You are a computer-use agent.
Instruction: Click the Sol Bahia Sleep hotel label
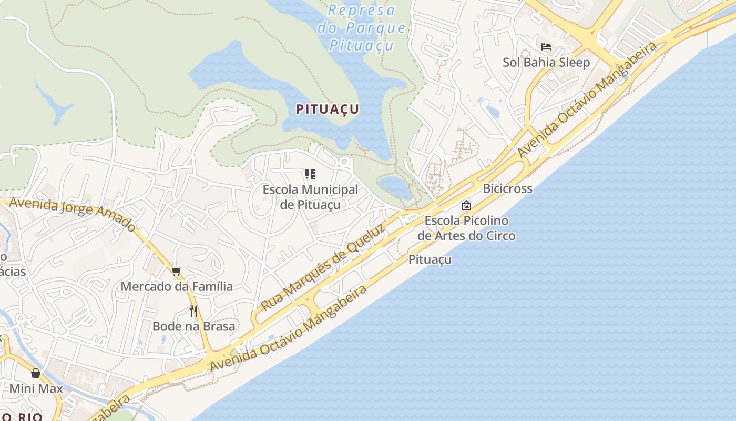tap(546, 62)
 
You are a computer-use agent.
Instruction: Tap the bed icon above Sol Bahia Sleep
tap(546, 47)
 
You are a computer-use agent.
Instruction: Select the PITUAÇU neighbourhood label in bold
tap(328, 109)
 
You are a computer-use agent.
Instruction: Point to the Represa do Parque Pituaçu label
tap(362, 28)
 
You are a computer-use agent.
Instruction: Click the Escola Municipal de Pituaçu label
tap(310, 197)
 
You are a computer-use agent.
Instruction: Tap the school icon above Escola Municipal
tap(310, 174)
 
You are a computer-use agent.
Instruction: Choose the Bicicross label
tap(507, 188)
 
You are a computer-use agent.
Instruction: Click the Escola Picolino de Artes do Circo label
tap(466, 228)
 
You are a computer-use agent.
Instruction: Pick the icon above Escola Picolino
tap(466, 205)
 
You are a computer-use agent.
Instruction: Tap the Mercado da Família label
tap(177, 287)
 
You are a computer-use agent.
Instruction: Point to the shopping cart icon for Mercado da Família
tap(177, 272)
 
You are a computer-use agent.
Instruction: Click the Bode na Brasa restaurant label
tap(193, 326)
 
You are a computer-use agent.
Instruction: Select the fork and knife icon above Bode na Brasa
tap(193, 311)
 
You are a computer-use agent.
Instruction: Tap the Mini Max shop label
tap(36, 389)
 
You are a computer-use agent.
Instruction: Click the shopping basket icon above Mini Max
tap(36, 373)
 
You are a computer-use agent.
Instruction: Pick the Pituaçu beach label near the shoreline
tap(430, 259)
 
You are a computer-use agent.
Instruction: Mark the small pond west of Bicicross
tap(396, 187)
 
